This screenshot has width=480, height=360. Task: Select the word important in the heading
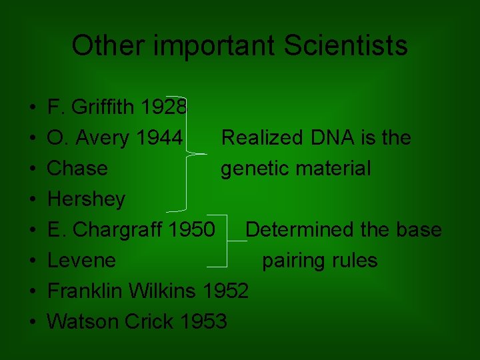pos(213,46)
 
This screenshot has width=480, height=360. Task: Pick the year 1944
pos(159,138)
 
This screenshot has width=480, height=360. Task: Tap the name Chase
pos(77,169)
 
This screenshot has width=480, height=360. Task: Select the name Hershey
pos(86,199)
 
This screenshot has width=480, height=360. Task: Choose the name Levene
pos(81,261)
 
